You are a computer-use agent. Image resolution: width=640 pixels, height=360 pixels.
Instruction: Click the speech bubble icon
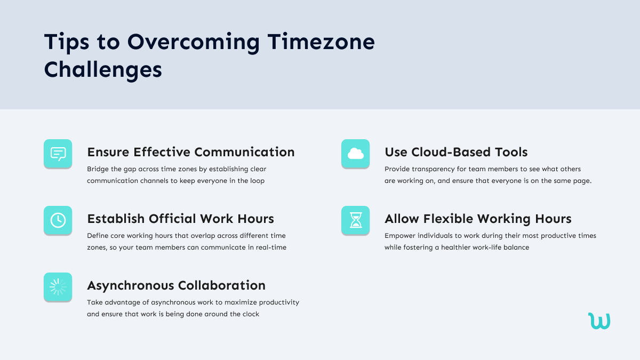click(x=58, y=154)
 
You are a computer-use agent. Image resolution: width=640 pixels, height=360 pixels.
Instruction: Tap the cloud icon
click(x=355, y=154)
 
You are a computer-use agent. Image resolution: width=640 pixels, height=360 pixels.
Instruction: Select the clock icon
click(x=58, y=220)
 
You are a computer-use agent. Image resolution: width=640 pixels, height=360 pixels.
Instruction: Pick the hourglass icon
click(x=355, y=220)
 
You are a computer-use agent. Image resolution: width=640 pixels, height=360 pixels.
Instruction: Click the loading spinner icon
click(x=58, y=287)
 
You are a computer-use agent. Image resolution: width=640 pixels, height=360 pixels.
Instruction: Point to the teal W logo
click(x=599, y=321)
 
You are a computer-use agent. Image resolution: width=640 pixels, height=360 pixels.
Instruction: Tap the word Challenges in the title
click(x=103, y=69)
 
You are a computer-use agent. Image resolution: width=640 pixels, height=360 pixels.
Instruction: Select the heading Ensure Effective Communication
click(x=190, y=152)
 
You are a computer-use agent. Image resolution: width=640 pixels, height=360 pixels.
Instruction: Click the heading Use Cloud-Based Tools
click(x=456, y=152)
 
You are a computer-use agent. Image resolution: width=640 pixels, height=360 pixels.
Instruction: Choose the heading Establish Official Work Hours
click(x=180, y=219)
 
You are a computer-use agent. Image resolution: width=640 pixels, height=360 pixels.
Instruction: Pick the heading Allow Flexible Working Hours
click(x=478, y=219)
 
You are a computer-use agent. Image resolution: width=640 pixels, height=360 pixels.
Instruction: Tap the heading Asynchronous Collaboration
click(x=176, y=285)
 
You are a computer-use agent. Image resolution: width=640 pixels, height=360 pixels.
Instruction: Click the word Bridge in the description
click(x=98, y=169)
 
